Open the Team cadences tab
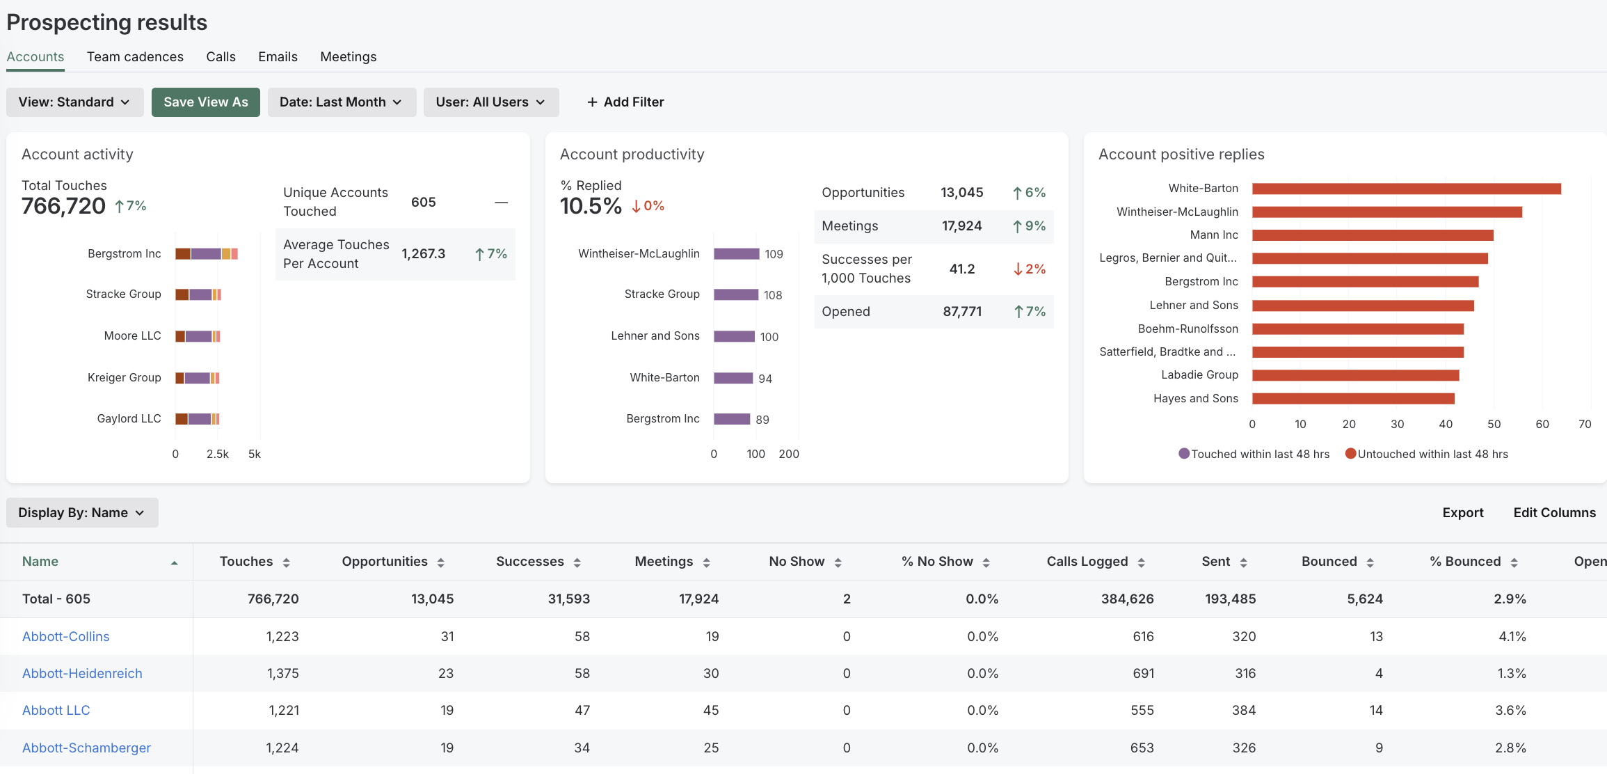(135, 57)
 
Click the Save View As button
(205, 102)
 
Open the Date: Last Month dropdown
(341, 102)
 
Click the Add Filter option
(625, 102)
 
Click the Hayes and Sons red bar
(1352, 399)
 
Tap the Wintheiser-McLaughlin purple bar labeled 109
(736, 254)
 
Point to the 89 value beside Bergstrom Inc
(762, 420)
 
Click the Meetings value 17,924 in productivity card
(961, 226)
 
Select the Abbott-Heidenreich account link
(82, 674)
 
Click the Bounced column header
(1329, 562)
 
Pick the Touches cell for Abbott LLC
(284, 711)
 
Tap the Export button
(1462, 513)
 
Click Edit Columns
(1554, 513)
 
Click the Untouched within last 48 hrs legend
(1432, 455)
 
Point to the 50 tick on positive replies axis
(1494, 425)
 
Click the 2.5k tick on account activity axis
(217, 455)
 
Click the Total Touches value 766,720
(63, 206)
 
